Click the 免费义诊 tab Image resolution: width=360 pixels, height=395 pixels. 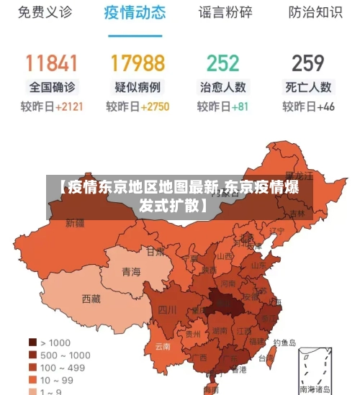point(45,12)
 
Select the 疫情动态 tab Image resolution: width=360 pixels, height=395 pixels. point(135,12)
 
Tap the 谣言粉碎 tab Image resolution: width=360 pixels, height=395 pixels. point(225,12)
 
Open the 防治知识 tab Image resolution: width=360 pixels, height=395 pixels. point(315,12)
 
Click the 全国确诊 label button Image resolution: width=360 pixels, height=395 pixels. point(52,87)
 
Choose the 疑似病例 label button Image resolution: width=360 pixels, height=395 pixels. point(138,87)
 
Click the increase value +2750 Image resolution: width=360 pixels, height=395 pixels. point(155,106)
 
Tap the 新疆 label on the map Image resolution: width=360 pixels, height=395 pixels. point(75,223)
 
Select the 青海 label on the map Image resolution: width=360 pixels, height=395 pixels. point(131,271)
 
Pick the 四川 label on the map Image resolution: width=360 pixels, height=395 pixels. point(167,309)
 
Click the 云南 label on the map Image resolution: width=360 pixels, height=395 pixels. point(163,346)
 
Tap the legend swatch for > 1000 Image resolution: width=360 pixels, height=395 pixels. point(32,342)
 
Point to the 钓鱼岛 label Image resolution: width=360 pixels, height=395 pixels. point(284,343)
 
